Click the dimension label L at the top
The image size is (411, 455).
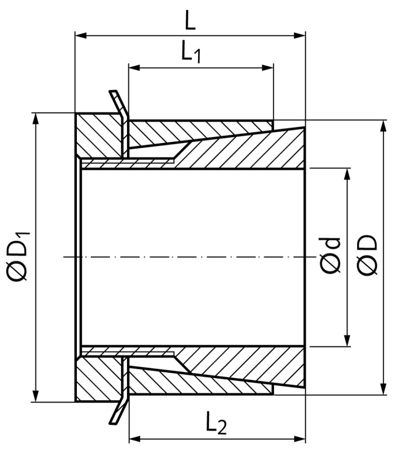tap(190, 22)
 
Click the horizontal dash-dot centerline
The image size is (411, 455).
tap(187, 257)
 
